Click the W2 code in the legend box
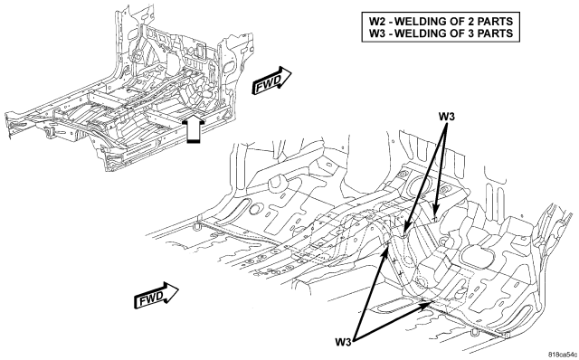point(377,21)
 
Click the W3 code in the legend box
point(377,33)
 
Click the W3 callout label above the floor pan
point(446,117)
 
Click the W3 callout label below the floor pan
point(344,342)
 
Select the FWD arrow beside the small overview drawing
point(271,81)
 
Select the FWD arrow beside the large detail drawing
point(157,295)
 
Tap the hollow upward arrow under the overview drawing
point(194,128)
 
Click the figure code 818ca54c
point(563,354)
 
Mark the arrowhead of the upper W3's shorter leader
point(436,214)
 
